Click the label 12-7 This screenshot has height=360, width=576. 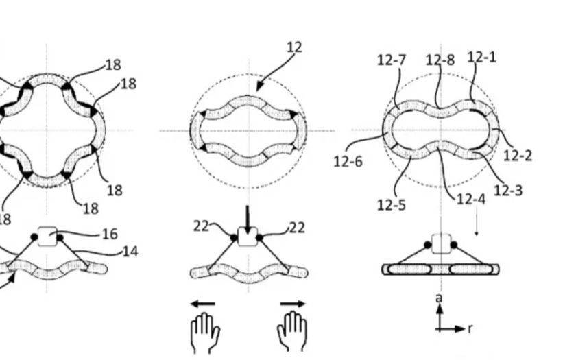coord(392,60)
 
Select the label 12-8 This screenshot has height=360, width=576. coord(440,60)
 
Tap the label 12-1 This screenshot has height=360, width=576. coord(481,57)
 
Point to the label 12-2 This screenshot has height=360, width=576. coord(517,156)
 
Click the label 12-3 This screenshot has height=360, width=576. coord(508,191)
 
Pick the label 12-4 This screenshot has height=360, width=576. coord(471,199)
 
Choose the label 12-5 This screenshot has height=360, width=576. coord(392,205)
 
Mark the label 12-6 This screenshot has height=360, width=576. coord(348,161)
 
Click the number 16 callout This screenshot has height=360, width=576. coord(110,234)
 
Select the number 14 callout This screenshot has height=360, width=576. coord(130,252)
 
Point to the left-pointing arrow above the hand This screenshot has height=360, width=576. coord(203,304)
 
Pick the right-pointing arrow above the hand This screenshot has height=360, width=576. coord(293,304)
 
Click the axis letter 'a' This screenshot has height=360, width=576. coord(439,298)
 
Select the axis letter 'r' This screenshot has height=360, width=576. coord(470,328)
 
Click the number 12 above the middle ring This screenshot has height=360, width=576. coord(294,47)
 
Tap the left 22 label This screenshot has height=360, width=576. coord(201,226)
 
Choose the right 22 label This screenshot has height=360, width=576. coord(297,228)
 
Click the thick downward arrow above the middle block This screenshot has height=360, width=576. coord(248,220)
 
